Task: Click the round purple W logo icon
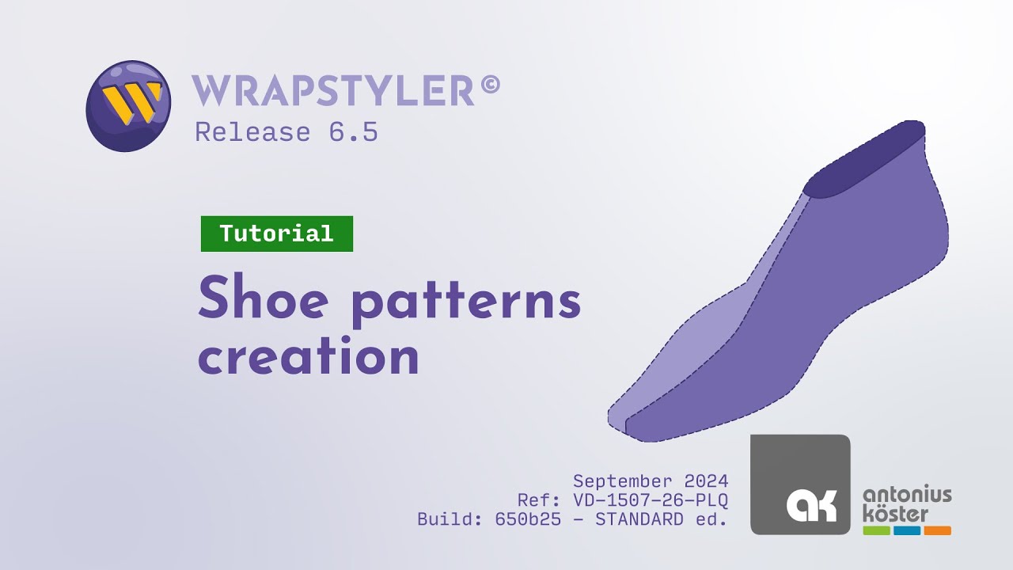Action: click(127, 105)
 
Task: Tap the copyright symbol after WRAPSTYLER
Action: click(490, 85)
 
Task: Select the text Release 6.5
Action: click(286, 132)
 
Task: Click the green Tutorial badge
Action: click(276, 234)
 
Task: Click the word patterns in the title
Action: click(466, 302)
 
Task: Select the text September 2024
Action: click(651, 481)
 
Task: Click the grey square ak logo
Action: click(800, 484)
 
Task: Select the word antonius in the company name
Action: click(907, 496)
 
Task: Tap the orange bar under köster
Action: click(937, 530)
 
